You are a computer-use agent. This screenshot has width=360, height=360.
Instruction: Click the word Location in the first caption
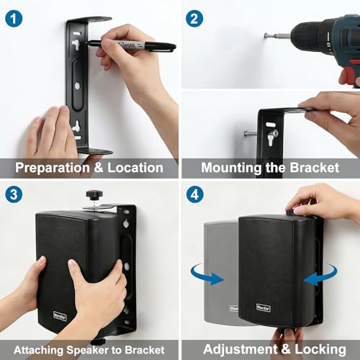click(x=138, y=168)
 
